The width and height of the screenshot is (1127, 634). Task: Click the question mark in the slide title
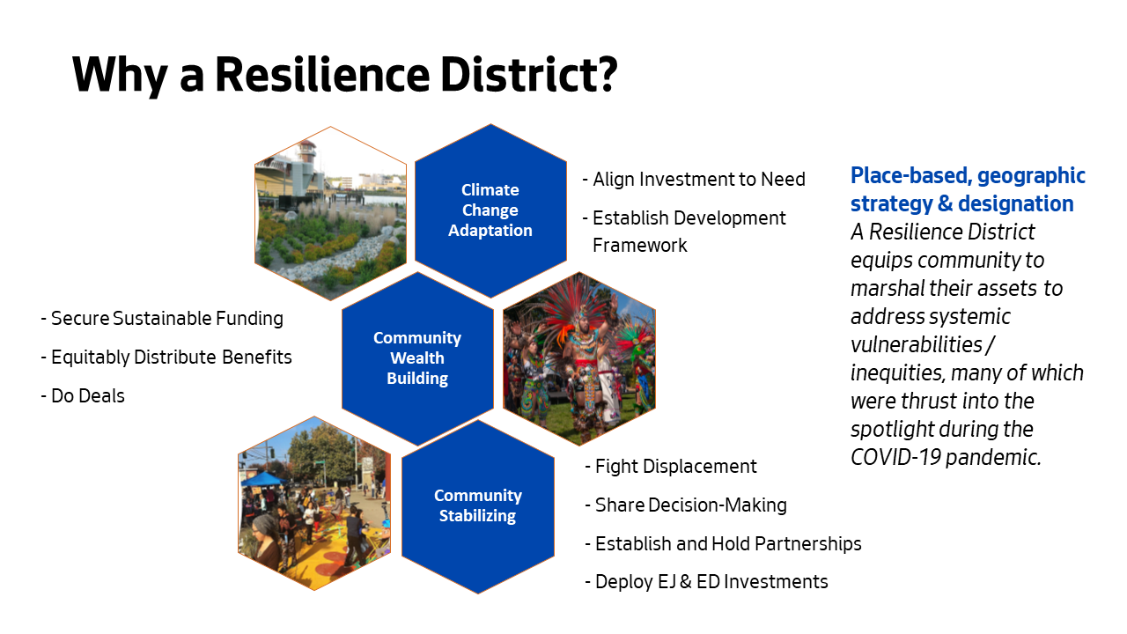pos(603,75)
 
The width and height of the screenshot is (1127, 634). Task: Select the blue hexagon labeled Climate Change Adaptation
pos(490,210)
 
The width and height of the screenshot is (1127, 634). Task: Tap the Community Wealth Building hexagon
pos(417,358)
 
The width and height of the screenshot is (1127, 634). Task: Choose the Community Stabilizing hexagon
pos(477,506)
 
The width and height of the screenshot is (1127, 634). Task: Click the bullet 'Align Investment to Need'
pos(694,179)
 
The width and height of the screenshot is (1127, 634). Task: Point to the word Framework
pos(639,246)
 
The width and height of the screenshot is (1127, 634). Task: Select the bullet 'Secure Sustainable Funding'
pos(162,319)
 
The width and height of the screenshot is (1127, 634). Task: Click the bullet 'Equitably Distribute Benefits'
pos(166,358)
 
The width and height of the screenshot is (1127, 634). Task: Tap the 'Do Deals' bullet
pos(83,396)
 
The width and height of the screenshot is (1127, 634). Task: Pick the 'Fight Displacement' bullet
pos(671,467)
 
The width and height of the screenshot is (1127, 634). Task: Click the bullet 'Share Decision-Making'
pos(686,505)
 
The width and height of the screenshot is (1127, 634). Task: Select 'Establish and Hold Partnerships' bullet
pos(723,544)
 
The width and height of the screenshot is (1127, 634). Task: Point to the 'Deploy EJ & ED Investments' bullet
pos(706,582)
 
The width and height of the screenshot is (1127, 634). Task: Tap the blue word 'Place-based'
pos(910,176)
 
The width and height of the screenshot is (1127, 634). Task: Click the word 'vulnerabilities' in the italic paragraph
pos(917,345)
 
